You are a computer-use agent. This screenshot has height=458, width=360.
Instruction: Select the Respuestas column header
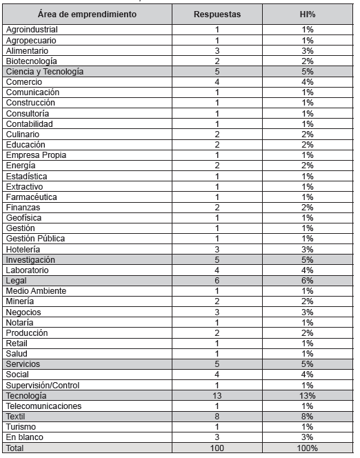pos(217,14)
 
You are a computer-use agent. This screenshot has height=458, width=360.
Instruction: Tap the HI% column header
pos(307,14)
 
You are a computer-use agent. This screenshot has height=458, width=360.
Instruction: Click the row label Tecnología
pos(26,396)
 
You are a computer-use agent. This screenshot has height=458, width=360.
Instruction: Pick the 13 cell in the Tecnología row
pos(217,396)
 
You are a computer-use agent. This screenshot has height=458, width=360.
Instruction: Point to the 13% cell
pos(307,396)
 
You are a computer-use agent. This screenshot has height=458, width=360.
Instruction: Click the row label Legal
pos(16,281)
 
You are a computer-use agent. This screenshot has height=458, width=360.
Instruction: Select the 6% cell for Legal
pos(307,281)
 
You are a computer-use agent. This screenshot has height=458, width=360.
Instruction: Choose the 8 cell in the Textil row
pos(217,417)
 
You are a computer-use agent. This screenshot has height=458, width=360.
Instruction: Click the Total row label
pos(16,448)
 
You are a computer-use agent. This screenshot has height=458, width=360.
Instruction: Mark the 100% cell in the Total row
pos(307,448)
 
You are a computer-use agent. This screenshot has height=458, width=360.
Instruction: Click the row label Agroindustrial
pos(32,30)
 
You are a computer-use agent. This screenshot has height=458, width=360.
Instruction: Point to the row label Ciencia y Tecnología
pos(45,72)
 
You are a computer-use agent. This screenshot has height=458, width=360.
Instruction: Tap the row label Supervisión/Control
pos(43,385)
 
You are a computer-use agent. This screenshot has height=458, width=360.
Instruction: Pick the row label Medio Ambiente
pos(36,291)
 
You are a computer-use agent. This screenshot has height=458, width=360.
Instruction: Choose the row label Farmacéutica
pos(31,197)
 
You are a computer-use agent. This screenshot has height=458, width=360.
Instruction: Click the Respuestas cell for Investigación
pos(217,260)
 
